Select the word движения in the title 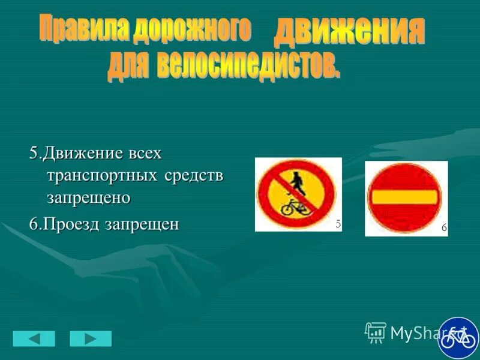tap(348, 32)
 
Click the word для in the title tap(127, 67)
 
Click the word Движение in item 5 tap(82, 154)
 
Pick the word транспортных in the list tap(100, 175)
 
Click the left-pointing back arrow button tap(34, 338)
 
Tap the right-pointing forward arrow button tap(91, 338)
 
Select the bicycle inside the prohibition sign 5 tap(296, 207)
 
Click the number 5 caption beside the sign tap(338, 224)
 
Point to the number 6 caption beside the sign tap(444, 228)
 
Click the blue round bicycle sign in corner tap(459, 338)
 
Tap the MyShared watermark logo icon tap(376, 332)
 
